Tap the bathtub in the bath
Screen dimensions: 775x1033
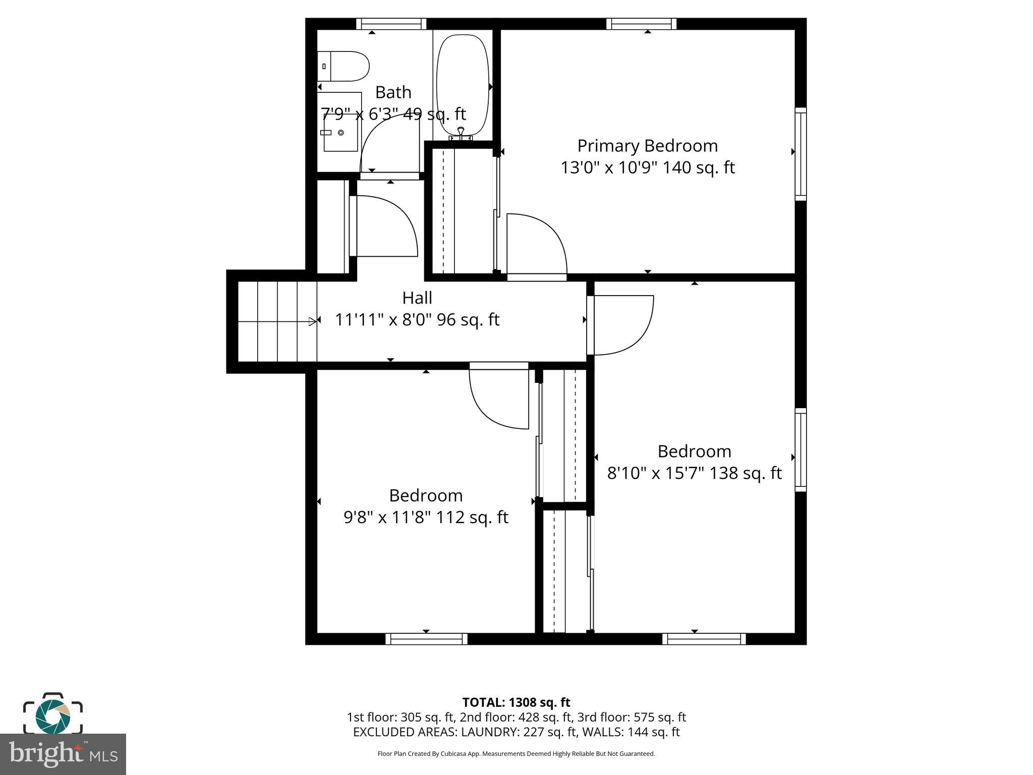[x=463, y=83]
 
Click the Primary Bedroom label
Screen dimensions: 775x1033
[x=647, y=146]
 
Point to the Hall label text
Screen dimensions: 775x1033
[x=417, y=298]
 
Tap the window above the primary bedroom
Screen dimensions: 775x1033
[x=641, y=24]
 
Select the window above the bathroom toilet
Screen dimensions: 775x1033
[x=391, y=24]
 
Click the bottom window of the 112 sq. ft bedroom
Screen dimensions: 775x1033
[x=426, y=639]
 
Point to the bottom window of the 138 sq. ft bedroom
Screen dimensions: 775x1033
[x=704, y=639]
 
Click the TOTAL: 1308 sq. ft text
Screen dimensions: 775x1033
[x=516, y=702]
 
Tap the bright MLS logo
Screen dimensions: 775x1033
[x=63, y=754]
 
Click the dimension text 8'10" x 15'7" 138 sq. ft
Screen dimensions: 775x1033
[x=694, y=473]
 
